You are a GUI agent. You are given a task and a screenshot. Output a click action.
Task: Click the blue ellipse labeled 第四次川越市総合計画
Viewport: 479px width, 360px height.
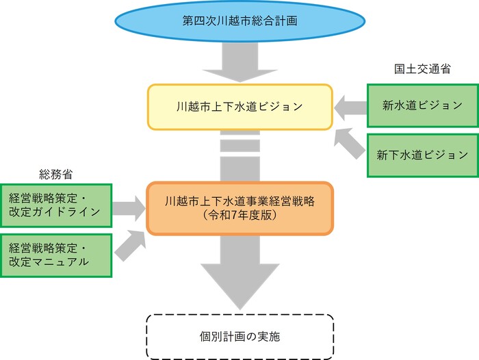(239, 21)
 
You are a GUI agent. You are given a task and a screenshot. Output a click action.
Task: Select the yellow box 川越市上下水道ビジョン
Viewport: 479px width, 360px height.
(239, 107)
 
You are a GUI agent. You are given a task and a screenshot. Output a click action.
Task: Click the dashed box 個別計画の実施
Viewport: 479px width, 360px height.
(239, 337)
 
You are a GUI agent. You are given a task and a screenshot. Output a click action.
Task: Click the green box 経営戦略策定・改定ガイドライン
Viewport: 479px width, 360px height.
(55, 205)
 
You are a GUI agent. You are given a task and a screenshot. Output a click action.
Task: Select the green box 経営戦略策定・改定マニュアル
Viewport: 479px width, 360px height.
(55, 255)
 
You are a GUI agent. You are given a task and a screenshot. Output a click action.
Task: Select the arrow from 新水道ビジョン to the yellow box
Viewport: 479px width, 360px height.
(350, 106)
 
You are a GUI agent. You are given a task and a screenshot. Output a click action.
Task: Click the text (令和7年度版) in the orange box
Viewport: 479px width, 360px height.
(239, 214)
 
